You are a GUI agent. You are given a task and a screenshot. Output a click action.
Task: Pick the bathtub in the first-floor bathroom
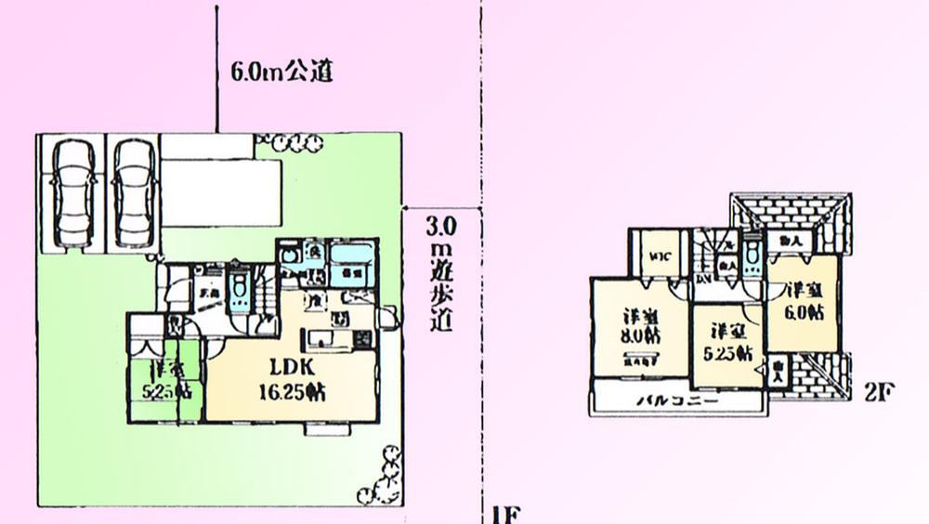tap(352, 261)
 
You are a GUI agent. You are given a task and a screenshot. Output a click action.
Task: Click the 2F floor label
tap(878, 391)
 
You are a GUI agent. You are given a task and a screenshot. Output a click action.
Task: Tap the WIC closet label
tap(661, 256)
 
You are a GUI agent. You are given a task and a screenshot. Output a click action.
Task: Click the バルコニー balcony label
tap(674, 401)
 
